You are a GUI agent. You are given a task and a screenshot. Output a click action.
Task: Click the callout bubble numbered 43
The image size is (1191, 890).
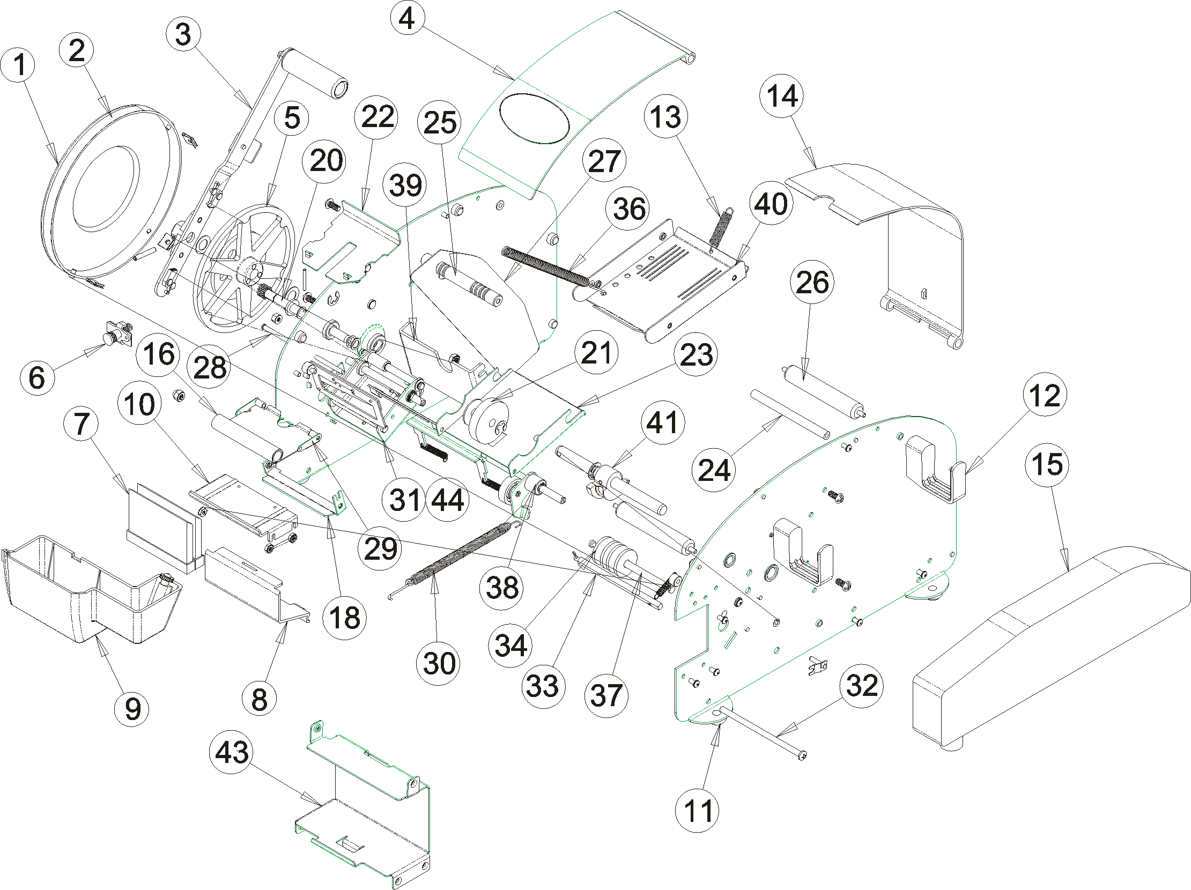click(232, 752)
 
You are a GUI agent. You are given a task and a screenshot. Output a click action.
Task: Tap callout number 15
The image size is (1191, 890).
click(1047, 464)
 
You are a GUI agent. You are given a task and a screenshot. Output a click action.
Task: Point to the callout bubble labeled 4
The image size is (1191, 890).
click(407, 19)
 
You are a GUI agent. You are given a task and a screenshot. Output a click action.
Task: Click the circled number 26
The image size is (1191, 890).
click(812, 283)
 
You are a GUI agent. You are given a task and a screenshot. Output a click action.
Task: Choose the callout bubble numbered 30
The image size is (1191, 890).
click(439, 663)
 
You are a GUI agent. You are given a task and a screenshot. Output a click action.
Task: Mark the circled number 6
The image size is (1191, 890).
click(37, 377)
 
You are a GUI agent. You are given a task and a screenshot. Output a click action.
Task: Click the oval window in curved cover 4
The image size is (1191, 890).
click(534, 118)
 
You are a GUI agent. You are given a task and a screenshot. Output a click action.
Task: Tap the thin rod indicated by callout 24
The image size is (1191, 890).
click(789, 414)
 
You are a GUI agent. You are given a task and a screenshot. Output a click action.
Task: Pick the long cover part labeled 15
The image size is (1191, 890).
click(1050, 641)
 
